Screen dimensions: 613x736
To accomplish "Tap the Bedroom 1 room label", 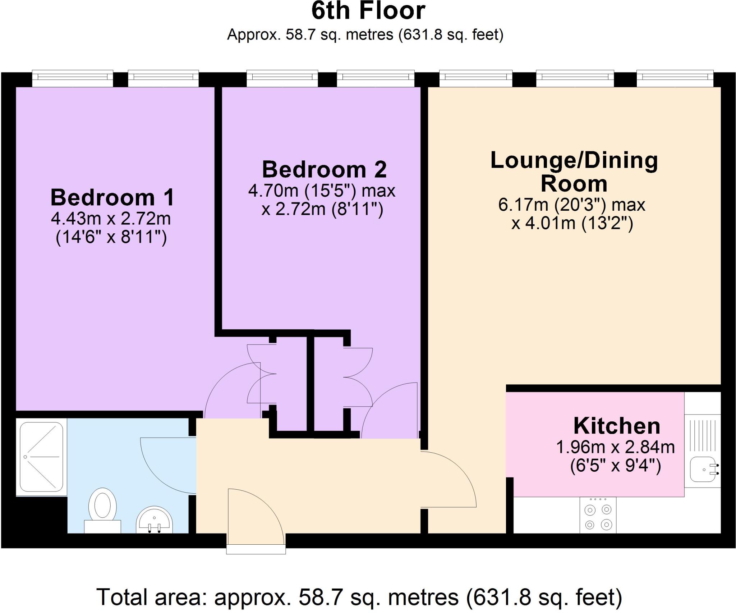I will click(112, 197).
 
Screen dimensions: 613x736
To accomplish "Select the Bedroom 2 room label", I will click(324, 169).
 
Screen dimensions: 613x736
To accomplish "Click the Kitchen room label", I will click(617, 426).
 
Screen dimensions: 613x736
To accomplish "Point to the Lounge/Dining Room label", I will click(574, 172).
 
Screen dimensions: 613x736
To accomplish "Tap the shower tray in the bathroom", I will click(41, 457).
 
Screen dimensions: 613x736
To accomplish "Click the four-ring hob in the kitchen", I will click(598, 515).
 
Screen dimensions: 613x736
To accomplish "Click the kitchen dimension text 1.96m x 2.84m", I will click(615, 447).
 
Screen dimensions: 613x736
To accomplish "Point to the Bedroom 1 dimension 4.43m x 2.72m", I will click(111, 219).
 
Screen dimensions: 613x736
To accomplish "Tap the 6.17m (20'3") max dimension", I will click(571, 205).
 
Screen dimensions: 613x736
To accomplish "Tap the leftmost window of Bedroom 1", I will click(72, 77).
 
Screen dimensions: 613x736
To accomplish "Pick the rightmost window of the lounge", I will click(675, 77).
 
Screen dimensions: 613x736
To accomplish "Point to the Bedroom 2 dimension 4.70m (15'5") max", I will click(322, 191).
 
